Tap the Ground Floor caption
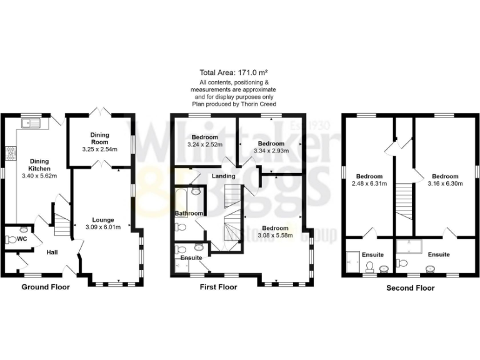click(x=46, y=287)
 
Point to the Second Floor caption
click(x=410, y=288)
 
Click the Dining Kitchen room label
click(x=39, y=165)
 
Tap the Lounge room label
click(x=103, y=219)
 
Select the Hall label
click(x=53, y=252)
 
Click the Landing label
click(x=223, y=177)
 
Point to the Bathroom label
click(x=189, y=214)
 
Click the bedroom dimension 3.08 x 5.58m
click(x=275, y=235)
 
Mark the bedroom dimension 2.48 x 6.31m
click(x=369, y=184)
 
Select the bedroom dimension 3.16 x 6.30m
click(x=444, y=184)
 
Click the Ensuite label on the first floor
click(x=191, y=257)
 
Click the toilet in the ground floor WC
click(x=12, y=239)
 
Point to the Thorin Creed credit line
click(x=237, y=104)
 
